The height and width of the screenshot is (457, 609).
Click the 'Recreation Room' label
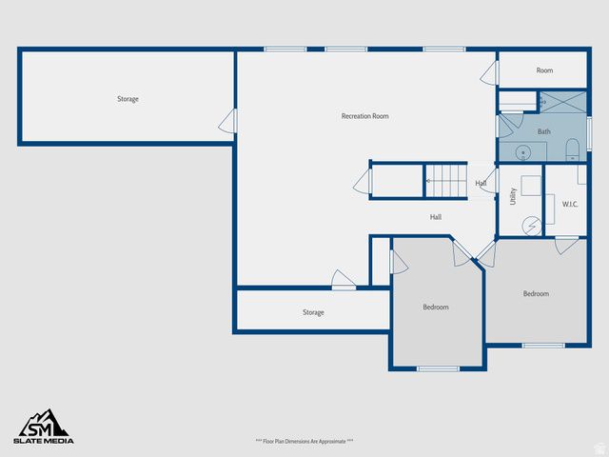[x=365, y=116]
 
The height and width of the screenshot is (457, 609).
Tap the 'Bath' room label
[x=544, y=131]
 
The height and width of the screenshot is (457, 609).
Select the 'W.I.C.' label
[x=570, y=204]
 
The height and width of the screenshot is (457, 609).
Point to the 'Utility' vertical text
[x=514, y=196]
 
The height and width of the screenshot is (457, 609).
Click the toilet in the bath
[x=572, y=149]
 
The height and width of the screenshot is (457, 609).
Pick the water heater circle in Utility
[x=532, y=225]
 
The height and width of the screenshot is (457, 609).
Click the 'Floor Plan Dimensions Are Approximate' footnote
[x=304, y=441]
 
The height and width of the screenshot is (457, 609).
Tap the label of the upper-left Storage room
[x=128, y=99]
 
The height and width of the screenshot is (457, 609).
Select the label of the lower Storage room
[x=313, y=312]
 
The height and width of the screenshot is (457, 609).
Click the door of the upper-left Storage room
[x=228, y=121]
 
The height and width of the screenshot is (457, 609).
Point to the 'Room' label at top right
[x=544, y=70]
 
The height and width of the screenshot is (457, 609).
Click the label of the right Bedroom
[x=536, y=293]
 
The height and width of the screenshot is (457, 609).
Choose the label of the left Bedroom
[x=436, y=307]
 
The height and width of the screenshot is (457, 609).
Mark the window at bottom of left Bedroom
[x=438, y=368]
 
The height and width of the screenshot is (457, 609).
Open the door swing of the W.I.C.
[x=566, y=245]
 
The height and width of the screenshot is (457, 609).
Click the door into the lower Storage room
[x=344, y=280]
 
